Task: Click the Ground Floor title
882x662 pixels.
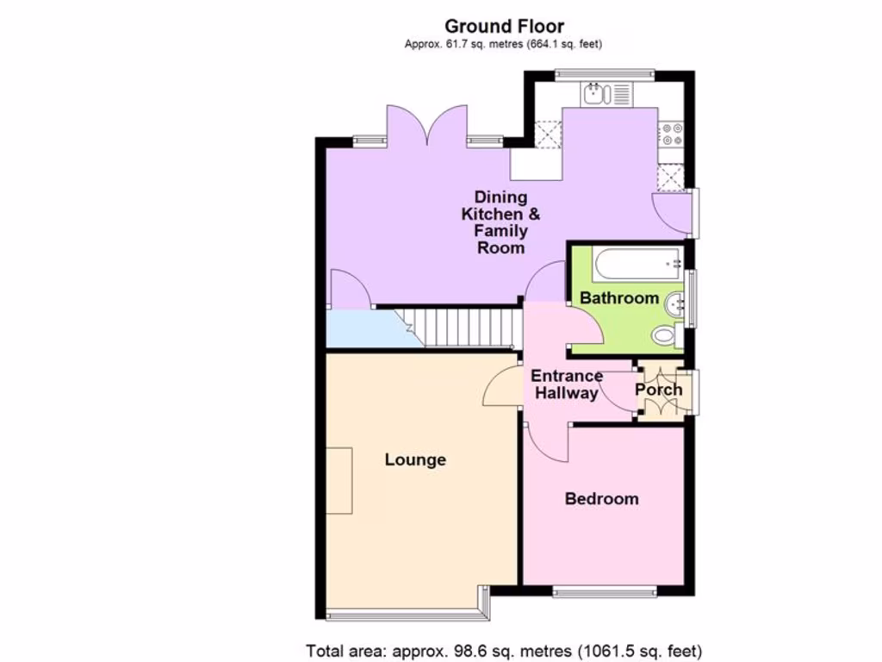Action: pos(504,27)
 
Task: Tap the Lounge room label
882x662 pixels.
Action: pos(415,459)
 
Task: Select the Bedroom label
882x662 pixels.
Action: pos(602,498)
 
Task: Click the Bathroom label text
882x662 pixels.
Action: pos(619,298)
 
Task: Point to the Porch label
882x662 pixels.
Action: pos(659,390)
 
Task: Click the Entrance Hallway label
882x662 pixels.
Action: pos(566,384)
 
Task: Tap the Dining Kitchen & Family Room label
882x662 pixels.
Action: pos(501,222)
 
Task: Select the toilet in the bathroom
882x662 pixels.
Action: pos(666,334)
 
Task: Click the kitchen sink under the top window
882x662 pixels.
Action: pos(595,94)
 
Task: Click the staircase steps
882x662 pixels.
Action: pos(466,328)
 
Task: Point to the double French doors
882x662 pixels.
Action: pos(427,126)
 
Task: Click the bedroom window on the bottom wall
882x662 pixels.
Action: pos(603,591)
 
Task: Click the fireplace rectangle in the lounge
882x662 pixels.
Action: pos(339,481)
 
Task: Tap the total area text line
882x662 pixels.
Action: pos(504,649)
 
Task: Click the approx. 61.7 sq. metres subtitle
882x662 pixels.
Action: pos(504,44)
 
